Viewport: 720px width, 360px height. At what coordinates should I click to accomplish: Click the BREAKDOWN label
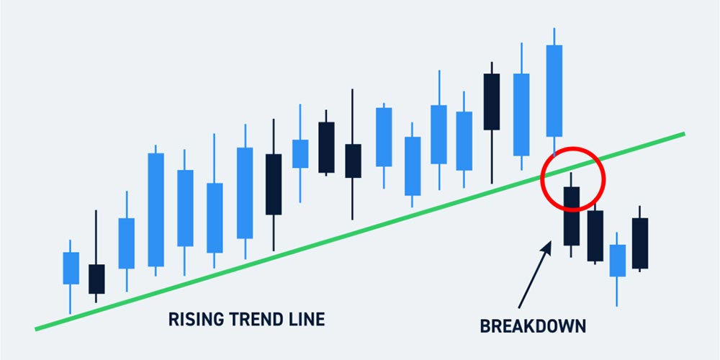point(533,326)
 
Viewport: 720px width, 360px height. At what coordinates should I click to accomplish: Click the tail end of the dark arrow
point(519,307)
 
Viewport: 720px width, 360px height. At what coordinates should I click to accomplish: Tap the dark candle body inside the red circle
point(572,216)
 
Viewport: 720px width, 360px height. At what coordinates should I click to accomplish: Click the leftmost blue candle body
point(71,268)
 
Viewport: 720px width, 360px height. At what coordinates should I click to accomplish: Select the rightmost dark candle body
point(640,243)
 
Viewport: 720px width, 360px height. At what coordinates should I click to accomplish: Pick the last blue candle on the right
point(618,261)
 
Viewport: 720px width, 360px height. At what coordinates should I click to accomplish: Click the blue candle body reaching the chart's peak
point(554,91)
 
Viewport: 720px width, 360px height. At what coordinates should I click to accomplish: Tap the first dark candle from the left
point(96,279)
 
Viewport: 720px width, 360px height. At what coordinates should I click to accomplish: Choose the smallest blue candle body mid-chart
point(300,154)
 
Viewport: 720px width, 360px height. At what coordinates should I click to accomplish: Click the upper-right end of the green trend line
point(684,134)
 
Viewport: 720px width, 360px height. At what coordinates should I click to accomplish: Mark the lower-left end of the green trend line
point(36,329)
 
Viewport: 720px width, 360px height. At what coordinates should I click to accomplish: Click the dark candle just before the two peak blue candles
point(492,102)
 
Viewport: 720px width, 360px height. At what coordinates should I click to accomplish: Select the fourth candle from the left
point(156,210)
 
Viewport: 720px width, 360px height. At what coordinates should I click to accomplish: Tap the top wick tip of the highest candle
point(554,29)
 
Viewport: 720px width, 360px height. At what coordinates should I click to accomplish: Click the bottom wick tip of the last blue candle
point(617,306)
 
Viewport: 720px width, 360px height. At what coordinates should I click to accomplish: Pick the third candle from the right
point(595,236)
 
